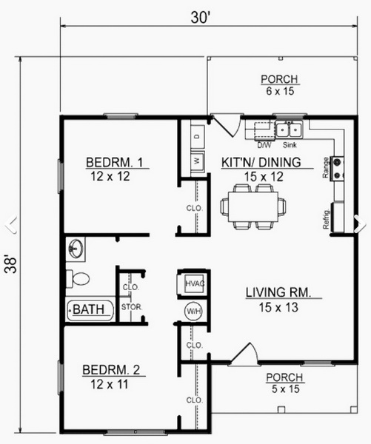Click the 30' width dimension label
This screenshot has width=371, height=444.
[x=201, y=18]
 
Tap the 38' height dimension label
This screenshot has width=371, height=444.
[x=11, y=265]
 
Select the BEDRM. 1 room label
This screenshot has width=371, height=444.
[x=115, y=163]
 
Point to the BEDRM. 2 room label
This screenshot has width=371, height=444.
[x=111, y=370]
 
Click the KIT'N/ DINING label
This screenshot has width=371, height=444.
[x=261, y=163]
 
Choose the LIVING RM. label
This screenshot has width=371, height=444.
[x=278, y=292]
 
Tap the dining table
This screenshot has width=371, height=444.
[x=253, y=206]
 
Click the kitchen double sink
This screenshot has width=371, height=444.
[x=289, y=129]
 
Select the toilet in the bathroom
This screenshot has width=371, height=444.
[x=78, y=278]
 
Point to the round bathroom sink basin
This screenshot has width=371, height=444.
[x=76, y=249]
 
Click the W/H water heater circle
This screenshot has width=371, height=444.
[x=194, y=312]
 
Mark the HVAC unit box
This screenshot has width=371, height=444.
[x=194, y=283]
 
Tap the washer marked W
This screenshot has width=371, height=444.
[x=198, y=161]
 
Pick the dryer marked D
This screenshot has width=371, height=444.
[x=198, y=137]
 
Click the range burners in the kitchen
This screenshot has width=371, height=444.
[x=338, y=169]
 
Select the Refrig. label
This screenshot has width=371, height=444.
[x=327, y=219]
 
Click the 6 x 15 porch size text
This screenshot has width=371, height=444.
[x=280, y=91]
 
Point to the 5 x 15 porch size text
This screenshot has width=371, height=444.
[x=285, y=389]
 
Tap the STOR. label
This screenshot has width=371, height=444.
[x=132, y=307]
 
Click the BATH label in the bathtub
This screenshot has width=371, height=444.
[x=88, y=309]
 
